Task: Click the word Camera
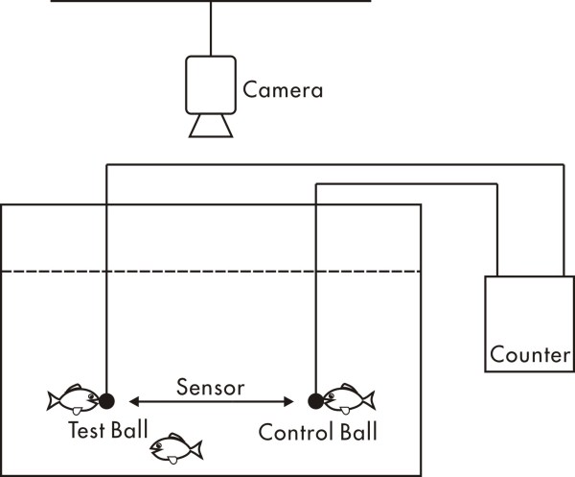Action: click(283, 91)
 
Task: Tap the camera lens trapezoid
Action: click(210, 126)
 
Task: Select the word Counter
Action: click(528, 354)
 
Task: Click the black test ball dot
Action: click(106, 400)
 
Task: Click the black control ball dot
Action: click(314, 400)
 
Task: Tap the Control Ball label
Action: click(317, 431)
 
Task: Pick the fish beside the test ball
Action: click(73, 398)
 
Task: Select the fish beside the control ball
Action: click(347, 397)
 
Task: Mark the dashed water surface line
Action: click(211, 272)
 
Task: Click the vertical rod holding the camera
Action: click(210, 28)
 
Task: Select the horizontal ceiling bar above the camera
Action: click(210, 2)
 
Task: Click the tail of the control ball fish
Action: click(369, 397)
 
